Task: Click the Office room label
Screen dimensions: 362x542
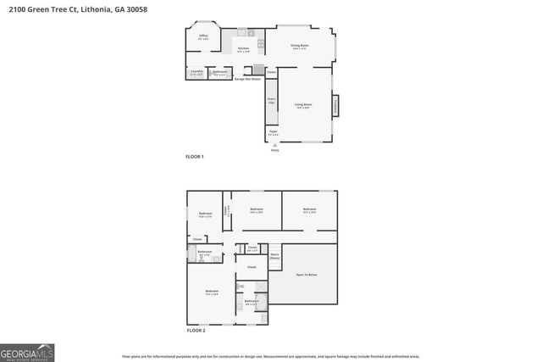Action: click(x=203, y=36)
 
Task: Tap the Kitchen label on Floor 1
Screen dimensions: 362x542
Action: click(x=244, y=49)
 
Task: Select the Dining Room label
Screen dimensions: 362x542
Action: click(x=299, y=46)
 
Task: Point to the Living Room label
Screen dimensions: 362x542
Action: click(x=303, y=105)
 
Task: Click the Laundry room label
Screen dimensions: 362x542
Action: click(x=196, y=73)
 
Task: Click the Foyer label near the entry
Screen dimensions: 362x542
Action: click(x=273, y=132)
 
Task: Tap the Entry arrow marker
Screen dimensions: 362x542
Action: click(x=274, y=146)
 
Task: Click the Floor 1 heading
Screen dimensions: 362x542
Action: click(x=195, y=157)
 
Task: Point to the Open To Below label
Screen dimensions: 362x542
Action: click(x=306, y=275)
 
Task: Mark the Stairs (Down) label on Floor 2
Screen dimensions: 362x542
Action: click(x=274, y=256)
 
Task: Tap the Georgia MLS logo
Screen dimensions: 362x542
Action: click(x=28, y=350)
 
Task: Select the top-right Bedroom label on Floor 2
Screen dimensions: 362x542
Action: click(x=309, y=209)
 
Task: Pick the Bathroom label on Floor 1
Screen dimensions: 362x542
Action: click(x=219, y=73)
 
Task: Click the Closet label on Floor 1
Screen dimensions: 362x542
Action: click(x=271, y=73)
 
